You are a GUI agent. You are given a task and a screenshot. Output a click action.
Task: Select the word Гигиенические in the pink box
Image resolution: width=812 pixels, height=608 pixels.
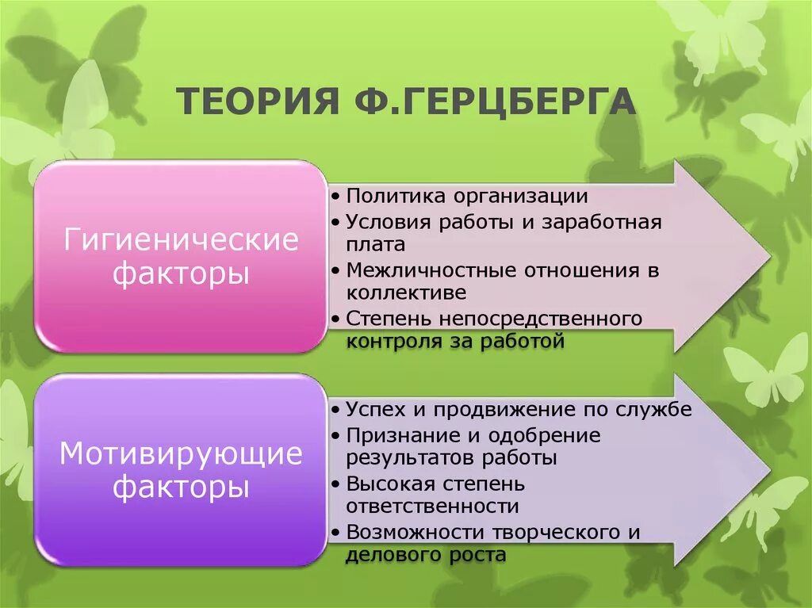[x=182, y=239]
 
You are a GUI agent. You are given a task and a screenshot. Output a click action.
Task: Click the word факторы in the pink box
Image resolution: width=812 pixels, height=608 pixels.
[x=182, y=273]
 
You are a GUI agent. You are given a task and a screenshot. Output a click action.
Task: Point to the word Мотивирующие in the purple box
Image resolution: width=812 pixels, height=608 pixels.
[x=182, y=454]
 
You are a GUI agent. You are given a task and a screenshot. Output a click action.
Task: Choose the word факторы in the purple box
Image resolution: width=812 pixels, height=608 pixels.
[x=182, y=486]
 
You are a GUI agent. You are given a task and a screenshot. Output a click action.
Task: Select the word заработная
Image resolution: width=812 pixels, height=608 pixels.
[x=602, y=221]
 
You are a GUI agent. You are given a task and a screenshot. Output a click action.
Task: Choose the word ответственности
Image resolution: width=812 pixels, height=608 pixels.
[x=433, y=507]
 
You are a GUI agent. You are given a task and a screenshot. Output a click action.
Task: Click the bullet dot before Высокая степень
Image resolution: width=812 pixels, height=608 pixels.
[x=338, y=484]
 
